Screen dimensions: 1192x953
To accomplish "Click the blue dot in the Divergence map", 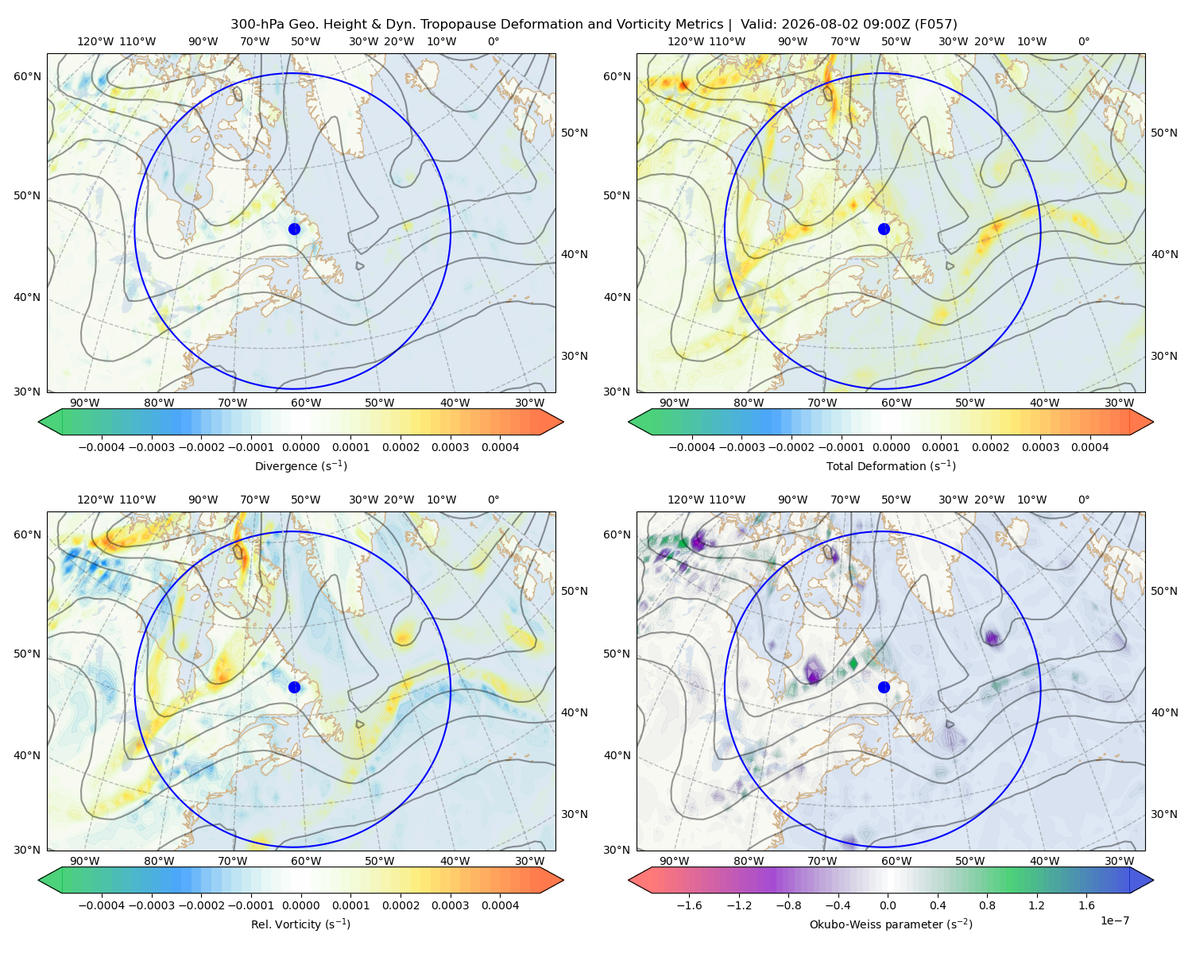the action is click(294, 229).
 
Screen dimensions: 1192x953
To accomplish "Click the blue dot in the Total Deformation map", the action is click(884, 229).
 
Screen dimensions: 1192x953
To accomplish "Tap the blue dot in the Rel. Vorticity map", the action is click(294, 687).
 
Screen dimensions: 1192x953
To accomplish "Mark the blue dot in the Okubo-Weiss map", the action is click(884, 687).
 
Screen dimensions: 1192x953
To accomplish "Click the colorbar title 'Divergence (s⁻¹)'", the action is click(300, 465).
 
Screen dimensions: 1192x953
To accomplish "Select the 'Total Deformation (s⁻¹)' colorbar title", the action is click(891, 465).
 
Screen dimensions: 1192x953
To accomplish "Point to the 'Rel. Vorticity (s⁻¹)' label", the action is click(300, 924).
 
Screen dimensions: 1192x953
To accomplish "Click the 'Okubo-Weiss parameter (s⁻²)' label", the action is click(891, 924).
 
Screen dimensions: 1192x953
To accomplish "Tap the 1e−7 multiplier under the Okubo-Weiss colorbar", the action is click(1114, 920).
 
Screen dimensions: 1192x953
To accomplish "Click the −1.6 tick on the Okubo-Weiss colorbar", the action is click(689, 905).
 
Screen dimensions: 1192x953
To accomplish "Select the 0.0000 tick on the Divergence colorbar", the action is click(300, 447).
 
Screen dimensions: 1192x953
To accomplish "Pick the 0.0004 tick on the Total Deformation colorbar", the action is click(1089, 447).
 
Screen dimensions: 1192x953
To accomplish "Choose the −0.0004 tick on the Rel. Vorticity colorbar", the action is click(102, 905).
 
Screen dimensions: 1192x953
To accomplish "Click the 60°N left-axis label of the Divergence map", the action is click(27, 76).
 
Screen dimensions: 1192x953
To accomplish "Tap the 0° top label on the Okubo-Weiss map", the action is click(1083, 499).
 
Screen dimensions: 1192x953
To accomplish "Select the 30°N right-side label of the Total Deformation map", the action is click(1163, 356).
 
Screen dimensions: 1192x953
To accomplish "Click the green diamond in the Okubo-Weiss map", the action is click(853, 663).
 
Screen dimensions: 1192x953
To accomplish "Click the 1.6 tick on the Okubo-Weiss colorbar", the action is click(1086, 905).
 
